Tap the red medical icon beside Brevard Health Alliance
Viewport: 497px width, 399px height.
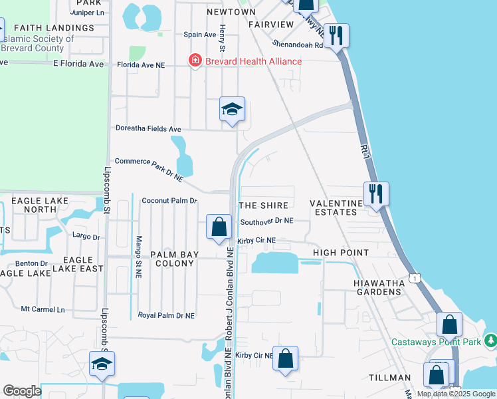[195, 61]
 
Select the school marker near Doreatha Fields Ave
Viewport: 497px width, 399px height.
[233, 110]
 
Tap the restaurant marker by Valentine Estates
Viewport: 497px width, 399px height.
[376, 194]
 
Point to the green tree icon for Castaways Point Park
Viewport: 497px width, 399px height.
[490, 340]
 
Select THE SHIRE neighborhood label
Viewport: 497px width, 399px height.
[264, 205]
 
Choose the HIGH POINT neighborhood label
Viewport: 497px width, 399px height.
[340, 253]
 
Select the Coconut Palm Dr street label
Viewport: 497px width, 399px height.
[170, 201]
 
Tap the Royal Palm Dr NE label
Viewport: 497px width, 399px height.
[166, 315]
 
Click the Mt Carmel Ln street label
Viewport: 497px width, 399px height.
[43, 309]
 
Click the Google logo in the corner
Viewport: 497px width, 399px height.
[22, 391]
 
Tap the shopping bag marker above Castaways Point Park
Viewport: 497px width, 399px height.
[450, 325]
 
